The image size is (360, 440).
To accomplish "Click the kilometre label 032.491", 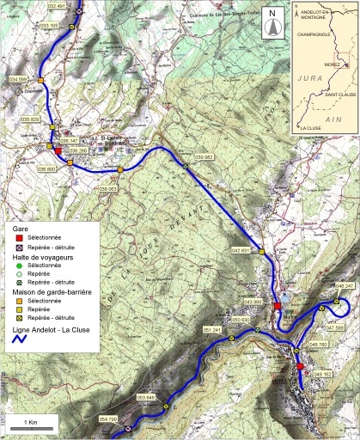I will coord(56,7).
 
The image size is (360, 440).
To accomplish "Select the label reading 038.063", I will coord(107,187).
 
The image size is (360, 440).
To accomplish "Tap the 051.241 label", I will coord(212,330).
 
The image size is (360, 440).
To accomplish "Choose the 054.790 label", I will coord(108,419).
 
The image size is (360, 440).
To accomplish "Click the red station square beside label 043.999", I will coord(278,307).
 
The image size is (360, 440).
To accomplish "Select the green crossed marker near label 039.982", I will coord(186,166).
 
